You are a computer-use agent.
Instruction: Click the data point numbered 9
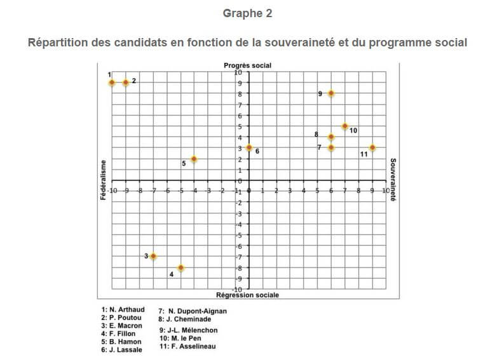click(331, 94)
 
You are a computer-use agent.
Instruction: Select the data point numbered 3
click(153, 256)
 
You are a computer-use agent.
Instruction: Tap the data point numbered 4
click(181, 268)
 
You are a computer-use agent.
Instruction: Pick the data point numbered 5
click(194, 159)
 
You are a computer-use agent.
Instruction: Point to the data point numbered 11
click(372, 148)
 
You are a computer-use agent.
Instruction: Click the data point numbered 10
click(345, 126)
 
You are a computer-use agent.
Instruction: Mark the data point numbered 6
click(249, 148)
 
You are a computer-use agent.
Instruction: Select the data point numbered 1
click(112, 83)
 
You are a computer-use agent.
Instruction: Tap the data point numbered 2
click(126, 83)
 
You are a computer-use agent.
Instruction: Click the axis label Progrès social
click(247, 66)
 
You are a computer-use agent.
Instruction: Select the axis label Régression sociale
click(247, 295)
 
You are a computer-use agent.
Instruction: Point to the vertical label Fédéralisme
click(102, 181)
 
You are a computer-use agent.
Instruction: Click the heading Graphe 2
click(247, 13)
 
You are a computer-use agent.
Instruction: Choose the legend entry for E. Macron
click(126, 326)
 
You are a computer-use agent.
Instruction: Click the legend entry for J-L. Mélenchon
click(189, 331)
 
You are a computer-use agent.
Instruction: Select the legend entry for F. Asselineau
click(189, 347)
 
